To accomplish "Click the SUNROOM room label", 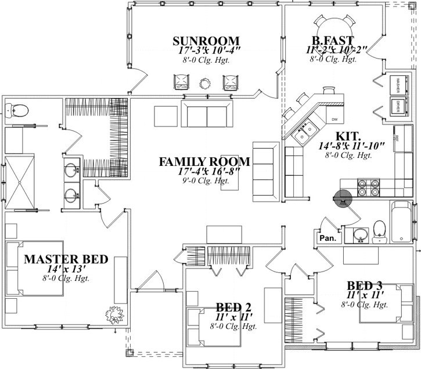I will (x=206, y=41).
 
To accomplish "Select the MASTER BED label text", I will (x=66, y=259).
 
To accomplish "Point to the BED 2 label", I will (x=233, y=307).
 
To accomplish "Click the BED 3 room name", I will (x=364, y=285).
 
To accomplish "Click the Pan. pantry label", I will (x=327, y=238).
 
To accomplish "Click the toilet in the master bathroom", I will (x=19, y=109).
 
